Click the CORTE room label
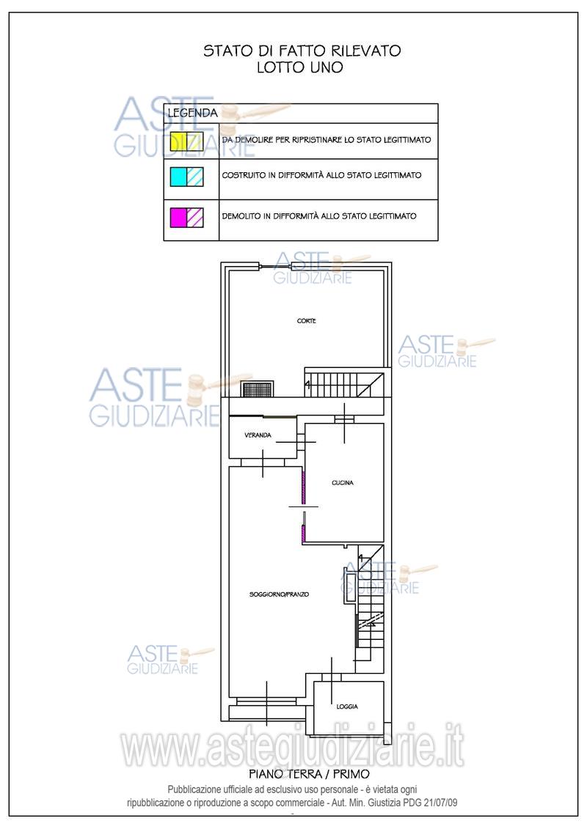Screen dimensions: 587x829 (x=307, y=321)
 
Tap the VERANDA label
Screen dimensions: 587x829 (x=258, y=435)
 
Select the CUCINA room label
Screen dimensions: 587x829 (x=343, y=483)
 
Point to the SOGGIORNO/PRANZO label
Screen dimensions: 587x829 (x=279, y=594)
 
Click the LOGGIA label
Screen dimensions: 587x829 (x=347, y=707)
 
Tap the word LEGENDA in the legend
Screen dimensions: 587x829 (x=193, y=113)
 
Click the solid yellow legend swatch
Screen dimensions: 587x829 (x=178, y=141)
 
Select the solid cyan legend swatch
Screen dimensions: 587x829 (x=178, y=177)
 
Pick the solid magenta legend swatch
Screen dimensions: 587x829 (x=178, y=217)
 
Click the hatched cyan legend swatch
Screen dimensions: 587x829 (x=195, y=177)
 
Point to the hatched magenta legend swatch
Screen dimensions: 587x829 (x=195, y=217)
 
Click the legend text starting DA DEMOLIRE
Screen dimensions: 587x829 (x=327, y=139)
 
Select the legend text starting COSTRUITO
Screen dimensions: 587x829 (x=322, y=175)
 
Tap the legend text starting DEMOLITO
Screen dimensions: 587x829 (x=319, y=215)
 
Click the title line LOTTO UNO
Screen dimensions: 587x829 (x=300, y=67)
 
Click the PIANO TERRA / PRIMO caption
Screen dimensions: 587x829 (x=309, y=774)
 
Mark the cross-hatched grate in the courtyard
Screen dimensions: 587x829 (x=258, y=389)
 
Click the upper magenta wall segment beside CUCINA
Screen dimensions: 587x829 (x=303, y=487)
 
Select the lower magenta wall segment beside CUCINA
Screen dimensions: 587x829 (x=303, y=534)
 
